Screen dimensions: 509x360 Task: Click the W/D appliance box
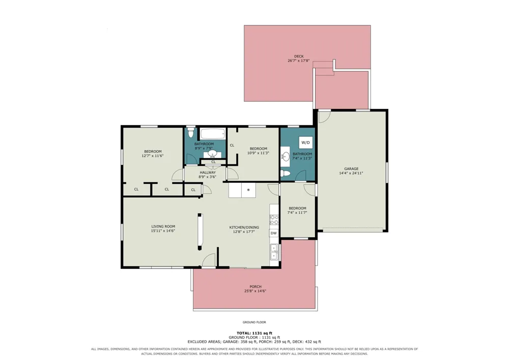(x=305, y=142)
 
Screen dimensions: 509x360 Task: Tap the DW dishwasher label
(x=274, y=233)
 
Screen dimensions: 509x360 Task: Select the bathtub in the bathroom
(x=213, y=133)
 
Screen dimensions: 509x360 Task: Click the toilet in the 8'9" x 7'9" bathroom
(x=190, y=133)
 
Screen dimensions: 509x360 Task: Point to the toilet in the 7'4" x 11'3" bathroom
(x=285, y=173)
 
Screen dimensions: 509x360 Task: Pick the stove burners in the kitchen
(x=274, y=220)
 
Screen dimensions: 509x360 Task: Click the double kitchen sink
(x=274, y=252)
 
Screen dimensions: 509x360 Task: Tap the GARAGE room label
(x=351, y=169)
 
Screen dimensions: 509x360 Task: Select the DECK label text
(x=299, y=56)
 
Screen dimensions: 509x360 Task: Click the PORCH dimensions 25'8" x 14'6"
(x=256, y=291)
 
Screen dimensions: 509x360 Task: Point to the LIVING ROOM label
(x=163, y=227)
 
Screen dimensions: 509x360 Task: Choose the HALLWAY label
(x=208, y=173)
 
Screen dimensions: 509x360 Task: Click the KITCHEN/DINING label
(x=244, y=227)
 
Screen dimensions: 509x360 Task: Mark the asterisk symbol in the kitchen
(x=248, y=190)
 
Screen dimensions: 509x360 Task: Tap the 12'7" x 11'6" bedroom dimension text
(x=153, y=156)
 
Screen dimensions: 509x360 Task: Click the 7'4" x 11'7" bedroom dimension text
(x=297, y=213)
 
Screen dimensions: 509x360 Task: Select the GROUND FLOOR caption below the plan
(x=254, y=322)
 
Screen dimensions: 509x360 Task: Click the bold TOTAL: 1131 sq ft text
(x=254, y=333)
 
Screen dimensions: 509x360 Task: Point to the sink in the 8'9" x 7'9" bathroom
(x=212, y=153)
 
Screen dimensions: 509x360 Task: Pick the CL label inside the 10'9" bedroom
(x=232, y=146)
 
